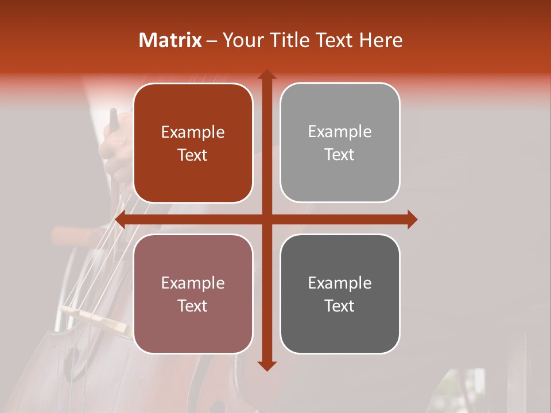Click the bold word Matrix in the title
click(170, 40)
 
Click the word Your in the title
click(241, 40)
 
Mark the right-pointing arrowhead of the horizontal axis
click(412, 220)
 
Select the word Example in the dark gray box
click(340, 283)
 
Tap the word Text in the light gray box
click(340, 154)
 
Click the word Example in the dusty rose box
click(193, 283)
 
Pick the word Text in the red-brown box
click(193, 155)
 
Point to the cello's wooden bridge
click(98, 318)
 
